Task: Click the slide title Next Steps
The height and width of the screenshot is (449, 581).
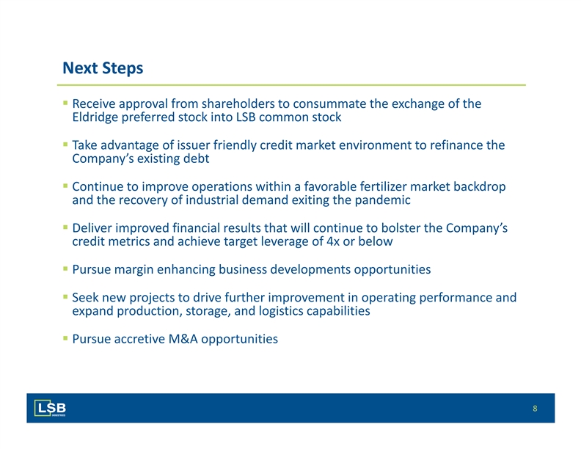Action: (103, 68)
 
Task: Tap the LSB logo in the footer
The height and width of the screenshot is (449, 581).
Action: (50, 408)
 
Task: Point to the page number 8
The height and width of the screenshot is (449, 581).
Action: (535, 408)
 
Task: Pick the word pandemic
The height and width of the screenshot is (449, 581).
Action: (382, 200)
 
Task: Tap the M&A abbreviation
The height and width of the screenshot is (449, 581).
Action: (183, 339)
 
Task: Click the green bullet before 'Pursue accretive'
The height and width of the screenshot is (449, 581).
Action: (65, 338)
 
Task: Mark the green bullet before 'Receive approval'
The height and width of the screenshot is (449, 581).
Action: (65, 103)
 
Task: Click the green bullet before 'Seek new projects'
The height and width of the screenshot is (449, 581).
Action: (65, 296)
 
